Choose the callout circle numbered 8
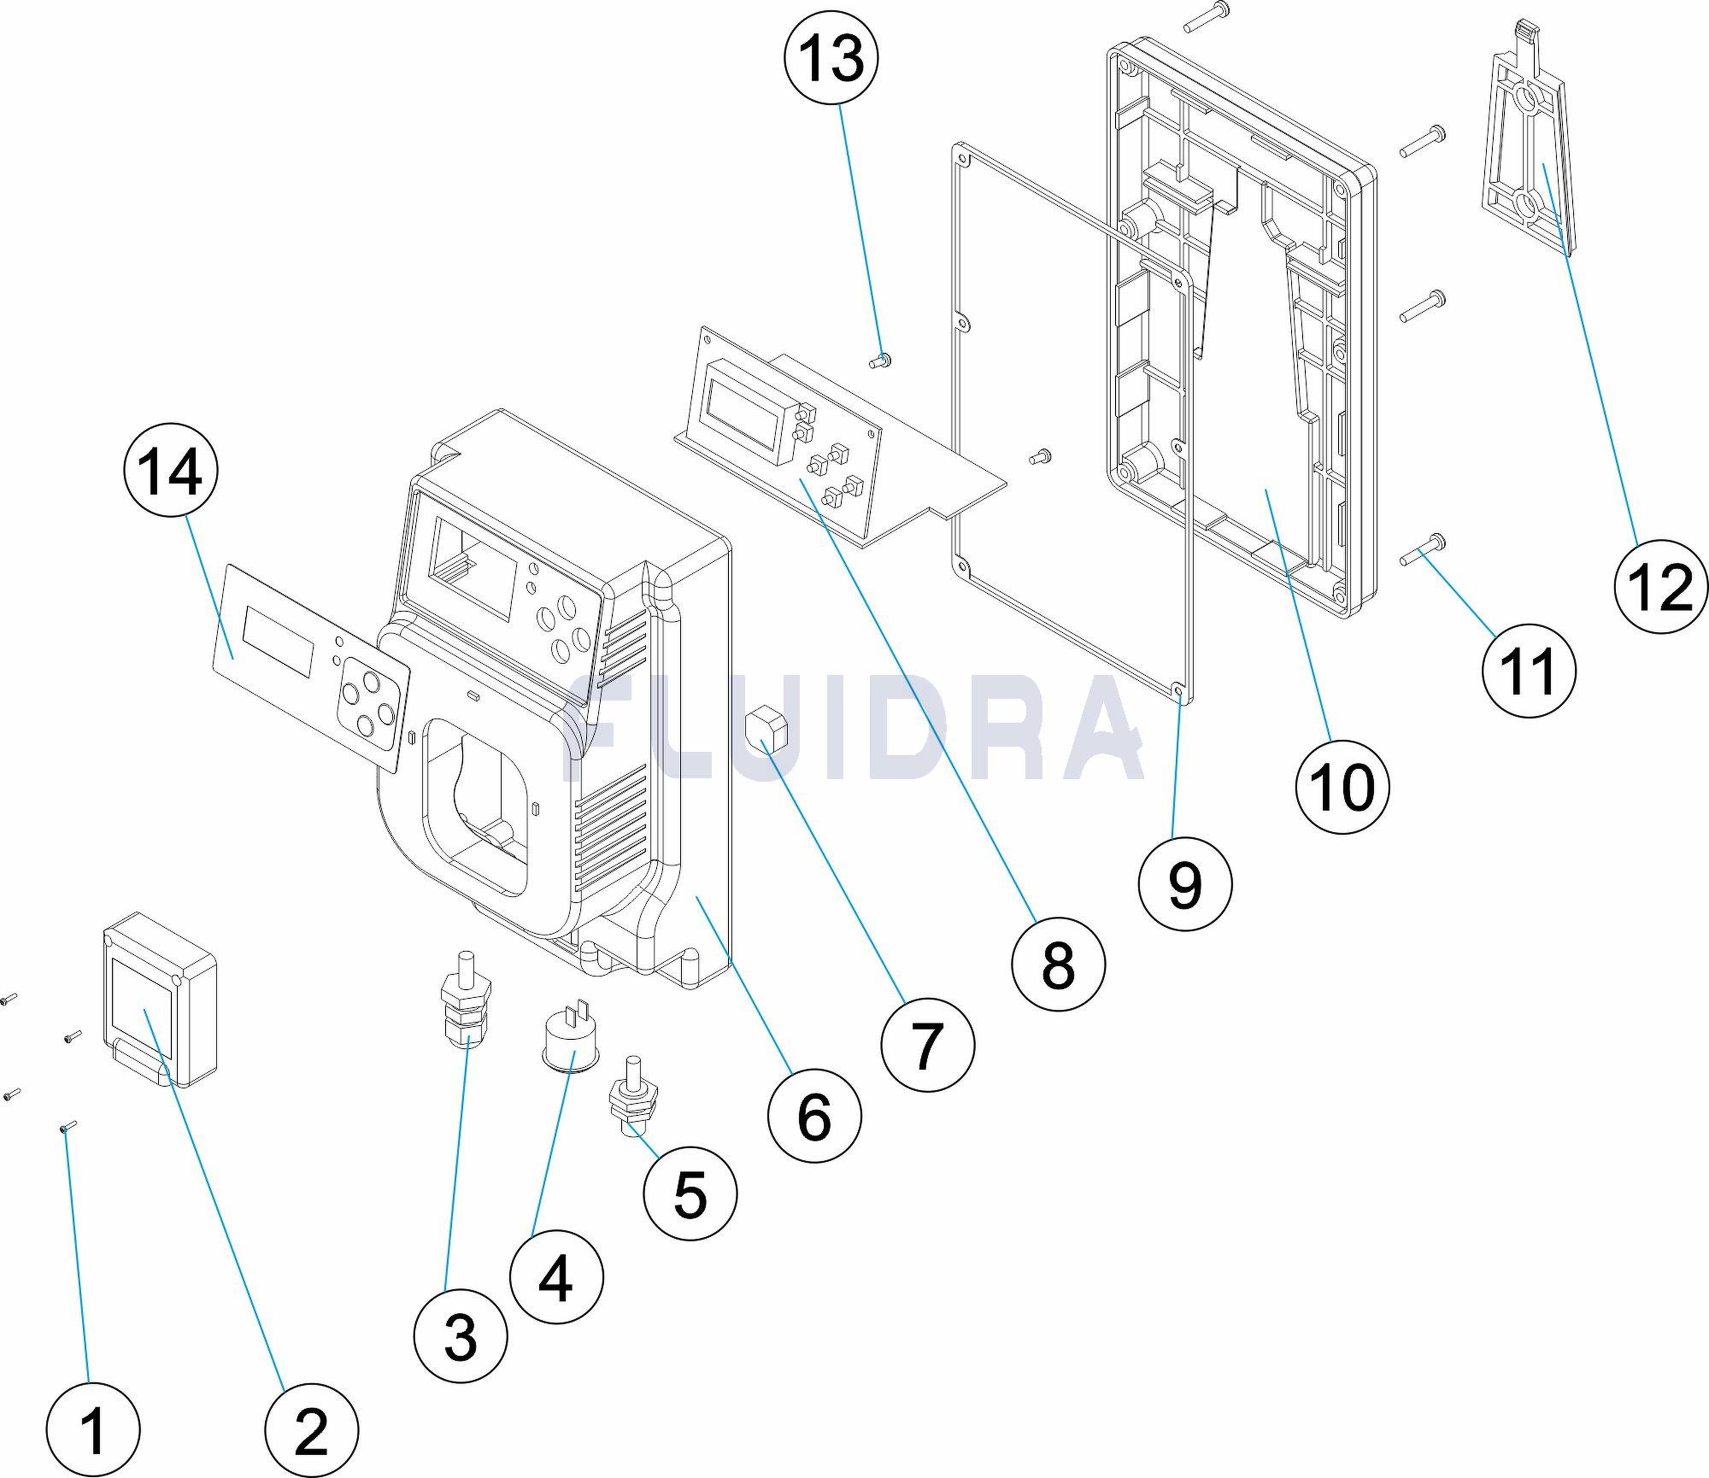(1057, 963)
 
